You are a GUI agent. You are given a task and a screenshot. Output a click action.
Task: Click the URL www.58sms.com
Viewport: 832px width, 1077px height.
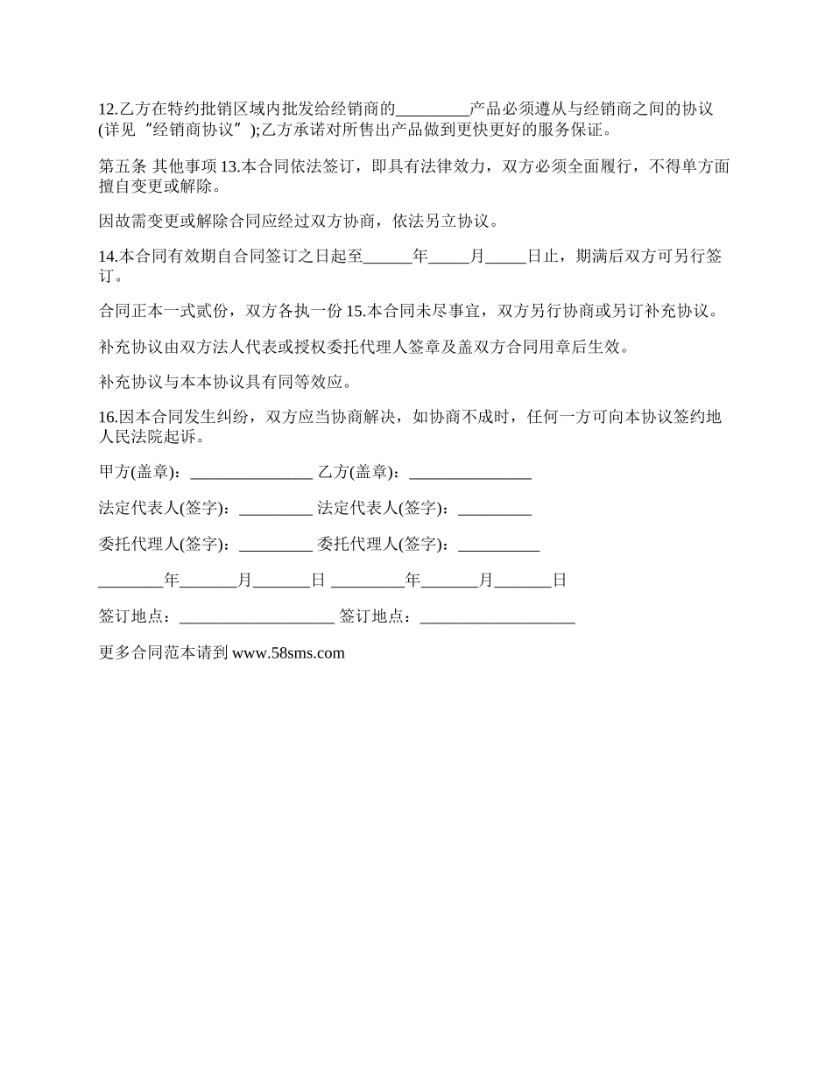288,652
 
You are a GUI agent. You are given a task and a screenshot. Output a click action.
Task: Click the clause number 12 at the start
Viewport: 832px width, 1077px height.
107,109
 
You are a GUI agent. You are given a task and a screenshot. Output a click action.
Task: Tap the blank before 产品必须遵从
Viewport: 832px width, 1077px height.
433,110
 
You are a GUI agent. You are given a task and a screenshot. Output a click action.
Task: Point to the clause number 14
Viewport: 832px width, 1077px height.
108,257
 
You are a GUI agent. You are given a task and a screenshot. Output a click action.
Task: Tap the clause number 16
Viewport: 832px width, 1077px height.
108,417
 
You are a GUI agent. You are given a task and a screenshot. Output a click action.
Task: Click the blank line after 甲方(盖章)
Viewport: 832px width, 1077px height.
250,473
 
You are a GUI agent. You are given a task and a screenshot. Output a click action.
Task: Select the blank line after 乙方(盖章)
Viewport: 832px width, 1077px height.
470,473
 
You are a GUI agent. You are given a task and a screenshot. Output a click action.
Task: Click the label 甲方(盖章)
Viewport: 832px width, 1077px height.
140,473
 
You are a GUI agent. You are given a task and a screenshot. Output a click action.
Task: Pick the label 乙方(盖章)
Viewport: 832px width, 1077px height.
359,473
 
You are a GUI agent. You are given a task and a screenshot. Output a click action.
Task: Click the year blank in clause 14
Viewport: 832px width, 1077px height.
386,257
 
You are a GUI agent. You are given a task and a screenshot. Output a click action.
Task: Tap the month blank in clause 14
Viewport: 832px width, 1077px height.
449,257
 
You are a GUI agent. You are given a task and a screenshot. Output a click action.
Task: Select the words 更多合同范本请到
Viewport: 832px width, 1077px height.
164,652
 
